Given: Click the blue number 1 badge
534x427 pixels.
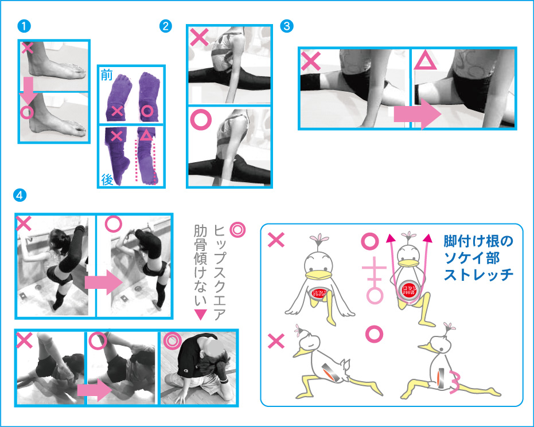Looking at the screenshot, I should click(24, 26).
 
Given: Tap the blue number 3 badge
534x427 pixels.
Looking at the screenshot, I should click(286, 26).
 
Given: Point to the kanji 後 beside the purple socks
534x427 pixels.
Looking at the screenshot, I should click(107, 177).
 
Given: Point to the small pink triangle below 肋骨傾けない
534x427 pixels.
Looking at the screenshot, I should click(200, 314).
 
